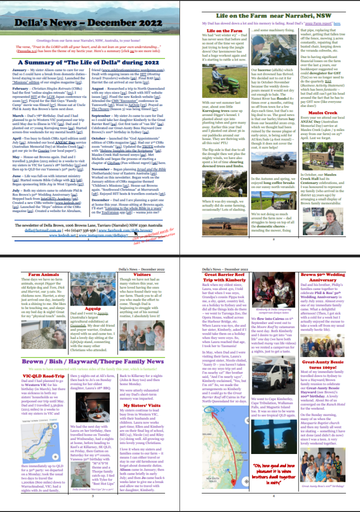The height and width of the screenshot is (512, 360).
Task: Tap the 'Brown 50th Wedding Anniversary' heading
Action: tap(322, 277)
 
